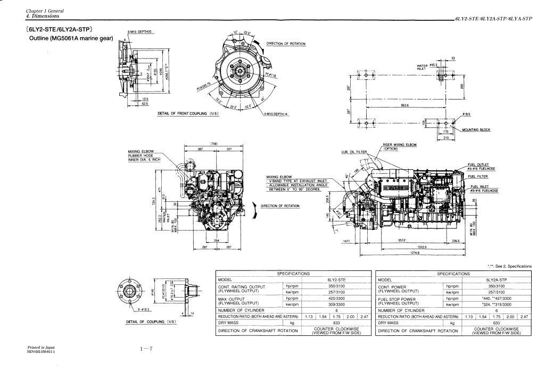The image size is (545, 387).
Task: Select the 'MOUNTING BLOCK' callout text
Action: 476,130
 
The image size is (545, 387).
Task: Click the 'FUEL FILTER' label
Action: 478,176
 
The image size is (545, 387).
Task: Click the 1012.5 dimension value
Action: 408,246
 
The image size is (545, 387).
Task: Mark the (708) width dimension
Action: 216,144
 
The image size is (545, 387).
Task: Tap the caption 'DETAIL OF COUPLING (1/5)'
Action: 151,322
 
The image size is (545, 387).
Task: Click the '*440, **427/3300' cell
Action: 497,299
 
